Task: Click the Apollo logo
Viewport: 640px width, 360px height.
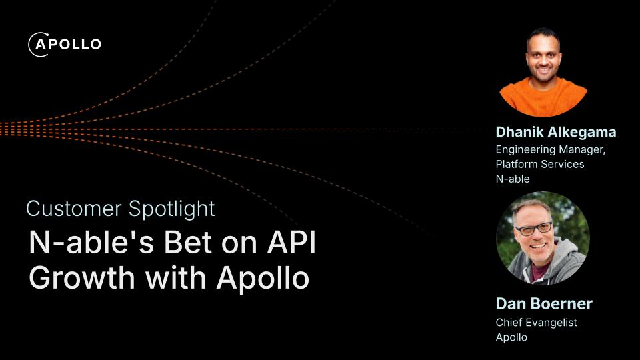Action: click(65, 44)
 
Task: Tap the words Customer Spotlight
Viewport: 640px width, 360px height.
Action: click(121, 209)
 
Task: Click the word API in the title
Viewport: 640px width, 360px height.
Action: click(292, 243)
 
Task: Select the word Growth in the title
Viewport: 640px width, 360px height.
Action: click(81, 278)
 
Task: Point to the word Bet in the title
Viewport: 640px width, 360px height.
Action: click(189, 243)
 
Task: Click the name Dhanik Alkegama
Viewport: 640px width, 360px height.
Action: click(556, 132)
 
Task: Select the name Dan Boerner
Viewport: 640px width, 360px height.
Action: click(544, 304)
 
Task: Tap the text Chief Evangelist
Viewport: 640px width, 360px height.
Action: click(536, 323)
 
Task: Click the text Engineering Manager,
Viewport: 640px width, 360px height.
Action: click(551, 150)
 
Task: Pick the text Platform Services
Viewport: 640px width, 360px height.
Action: click(540, 164)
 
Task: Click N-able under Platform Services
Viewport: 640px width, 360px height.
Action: click(513, 179)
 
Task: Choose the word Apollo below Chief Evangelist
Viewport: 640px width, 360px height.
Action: click(511, 337)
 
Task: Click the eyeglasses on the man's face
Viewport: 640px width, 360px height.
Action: click(534, 229)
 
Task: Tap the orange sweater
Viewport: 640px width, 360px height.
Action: click(543, 98)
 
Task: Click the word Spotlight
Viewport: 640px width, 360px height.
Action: click(171, 209)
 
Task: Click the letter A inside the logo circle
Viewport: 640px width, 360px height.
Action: click(41, 44)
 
